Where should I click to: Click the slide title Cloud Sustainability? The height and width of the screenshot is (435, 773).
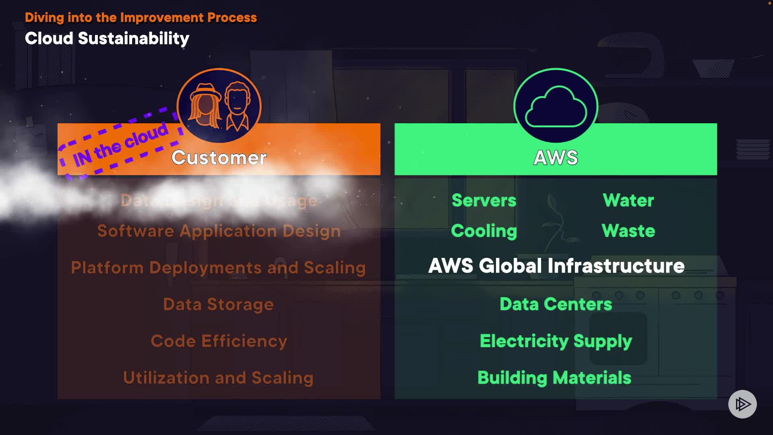(x=107, y=39)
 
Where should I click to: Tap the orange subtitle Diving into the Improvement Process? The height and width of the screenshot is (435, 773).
(x=141, y=18)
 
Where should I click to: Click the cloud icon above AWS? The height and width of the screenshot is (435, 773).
(x=556, y=106)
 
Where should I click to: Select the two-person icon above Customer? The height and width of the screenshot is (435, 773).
(x=219, y=106)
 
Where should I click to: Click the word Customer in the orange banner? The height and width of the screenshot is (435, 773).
(x=219, y=157)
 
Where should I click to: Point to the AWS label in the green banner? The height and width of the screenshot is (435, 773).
(x=556, y=157)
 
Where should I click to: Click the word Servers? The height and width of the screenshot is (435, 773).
(x=484, y=200)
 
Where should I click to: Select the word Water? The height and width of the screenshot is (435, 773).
(x=628, y=200)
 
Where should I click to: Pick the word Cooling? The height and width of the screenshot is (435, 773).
(x=484, y=231)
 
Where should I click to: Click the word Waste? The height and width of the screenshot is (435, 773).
(x=628, y=231)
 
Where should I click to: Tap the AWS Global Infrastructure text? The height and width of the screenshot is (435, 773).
(x=556, y=266)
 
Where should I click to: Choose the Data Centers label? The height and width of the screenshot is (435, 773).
(x=556, y=304)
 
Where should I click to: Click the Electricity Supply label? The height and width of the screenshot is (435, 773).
(x=556, y=341)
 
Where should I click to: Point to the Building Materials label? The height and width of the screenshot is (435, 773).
(x=554, y=378)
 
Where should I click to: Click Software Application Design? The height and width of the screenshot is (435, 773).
(x=219, y=231)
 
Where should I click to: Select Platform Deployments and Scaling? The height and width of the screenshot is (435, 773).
(x=218, y=268)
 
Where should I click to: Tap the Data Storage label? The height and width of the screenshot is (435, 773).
(x=218, y=304)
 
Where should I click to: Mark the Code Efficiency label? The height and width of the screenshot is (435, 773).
(x=219, y=341)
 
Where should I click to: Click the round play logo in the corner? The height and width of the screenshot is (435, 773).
(x=742, y=404)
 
